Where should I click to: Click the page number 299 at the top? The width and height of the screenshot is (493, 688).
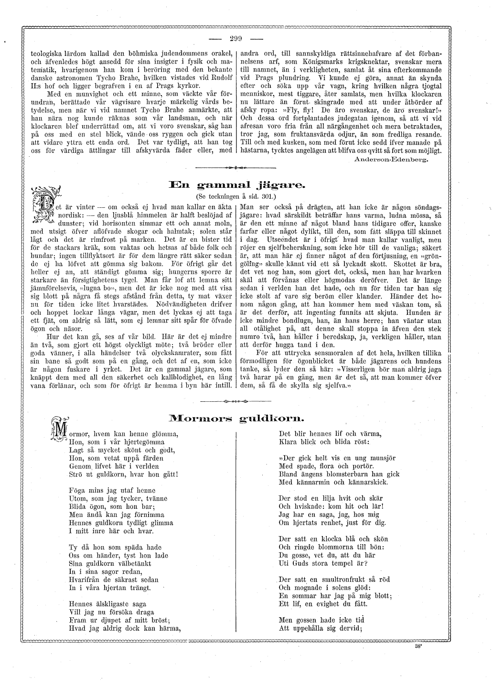[236, 39]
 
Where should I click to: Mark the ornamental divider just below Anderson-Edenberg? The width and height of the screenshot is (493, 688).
[236, 168]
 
